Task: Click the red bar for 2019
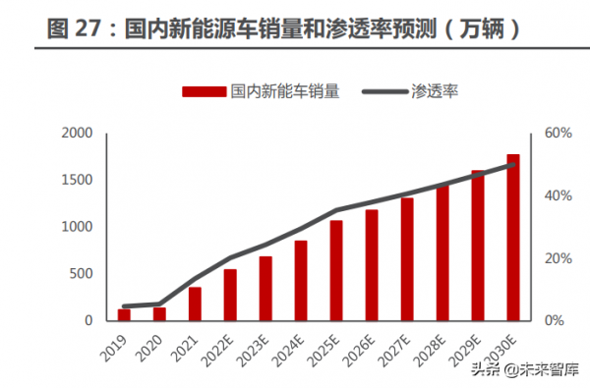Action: tap(124, 314)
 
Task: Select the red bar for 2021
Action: tap(195, 304)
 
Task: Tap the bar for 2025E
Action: tap(336, 270)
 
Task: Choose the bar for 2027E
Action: tap(407, 259)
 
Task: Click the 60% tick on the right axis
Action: tap(558, 133)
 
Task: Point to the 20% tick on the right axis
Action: tap(558, 258)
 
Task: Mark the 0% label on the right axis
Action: tap(555, 320)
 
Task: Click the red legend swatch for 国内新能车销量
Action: tap(205, 91)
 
